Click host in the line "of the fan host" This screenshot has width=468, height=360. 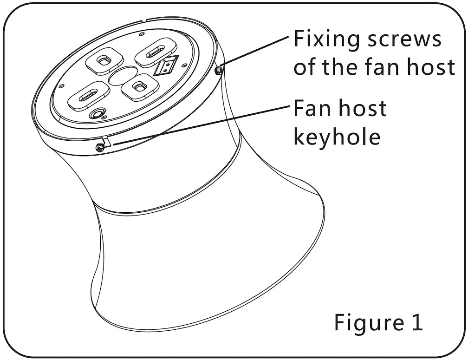click(431, 68)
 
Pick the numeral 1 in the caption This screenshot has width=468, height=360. click(416, 322)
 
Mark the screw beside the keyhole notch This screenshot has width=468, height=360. click(99, 148)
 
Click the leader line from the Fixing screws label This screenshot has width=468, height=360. click(255, 51)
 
